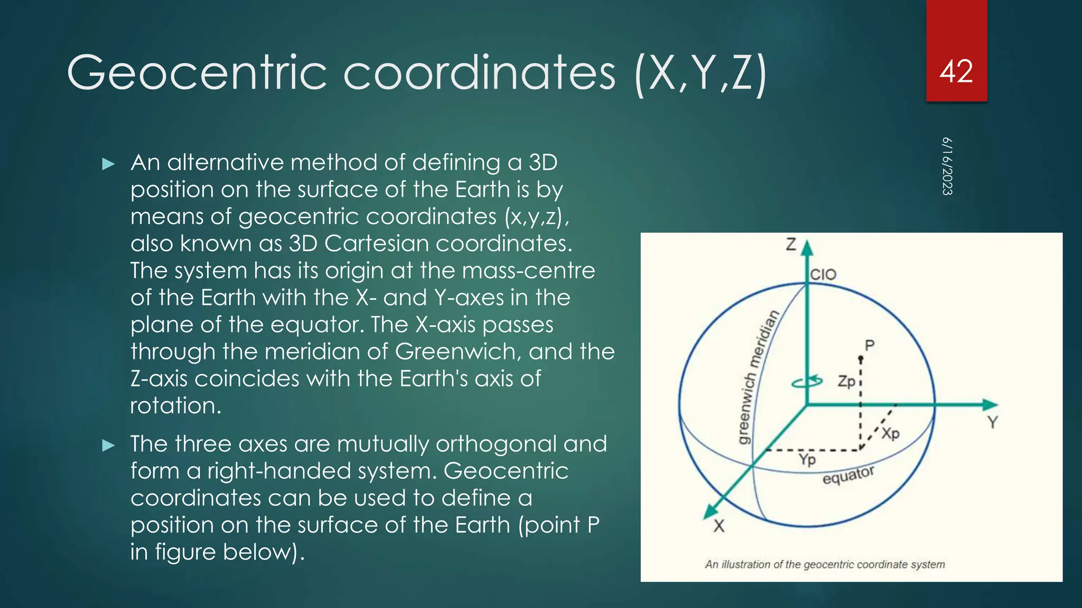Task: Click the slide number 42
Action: click(956, 72)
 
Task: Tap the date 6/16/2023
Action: click(947, 166)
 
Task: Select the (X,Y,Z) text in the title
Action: click(701, 74)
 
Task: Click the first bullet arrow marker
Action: click(108, 164)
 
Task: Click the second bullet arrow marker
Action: click(108, 445)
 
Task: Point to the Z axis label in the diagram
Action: click(791, 244)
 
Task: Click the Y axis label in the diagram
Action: click(993, 422)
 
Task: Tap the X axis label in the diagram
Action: click(719, 526)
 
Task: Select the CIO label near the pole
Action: click(823, 274)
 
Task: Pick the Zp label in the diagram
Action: click(846, 381)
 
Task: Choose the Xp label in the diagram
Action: click(890, 433)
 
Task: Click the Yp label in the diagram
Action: click(807, 459)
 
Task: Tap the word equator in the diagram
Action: click(848, 474)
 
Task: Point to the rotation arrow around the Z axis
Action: click(807, 381)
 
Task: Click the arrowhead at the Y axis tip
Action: click(990, 405)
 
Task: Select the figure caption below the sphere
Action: click(825, 564)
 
